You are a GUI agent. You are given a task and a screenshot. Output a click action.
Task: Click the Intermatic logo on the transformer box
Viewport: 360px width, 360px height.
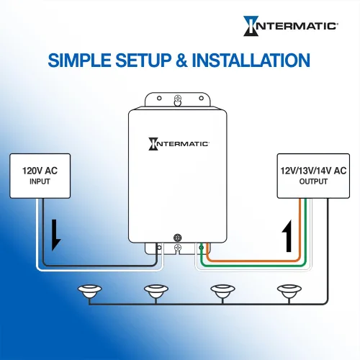point(179,144)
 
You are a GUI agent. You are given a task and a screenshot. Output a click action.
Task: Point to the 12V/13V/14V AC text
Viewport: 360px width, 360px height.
point(313,171)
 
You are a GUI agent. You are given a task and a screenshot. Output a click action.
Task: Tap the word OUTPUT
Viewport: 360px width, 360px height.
point(313,181)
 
